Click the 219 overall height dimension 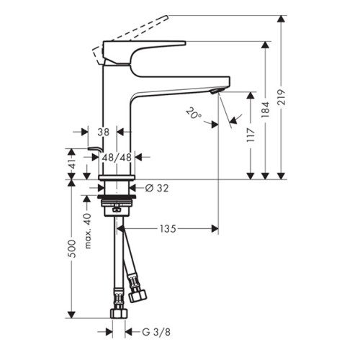point(281,97)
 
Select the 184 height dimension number point(266,109)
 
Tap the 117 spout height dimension point(251,135)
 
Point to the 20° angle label point(194,113)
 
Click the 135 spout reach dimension point(168,229)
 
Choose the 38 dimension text point(104,132)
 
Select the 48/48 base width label point(117,158)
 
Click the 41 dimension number point(72,163)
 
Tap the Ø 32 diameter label point(157,188)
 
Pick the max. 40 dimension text point(88,230)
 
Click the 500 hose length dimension point(72,248)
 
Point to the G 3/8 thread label point(156,332)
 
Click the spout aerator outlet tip point(215,91)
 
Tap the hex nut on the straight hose point(120,313)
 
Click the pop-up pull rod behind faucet point(96,149)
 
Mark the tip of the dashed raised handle point(168,17)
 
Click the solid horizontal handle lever point(144,43)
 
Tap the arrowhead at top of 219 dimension point(281,19)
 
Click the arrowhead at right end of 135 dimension point(215,229)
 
